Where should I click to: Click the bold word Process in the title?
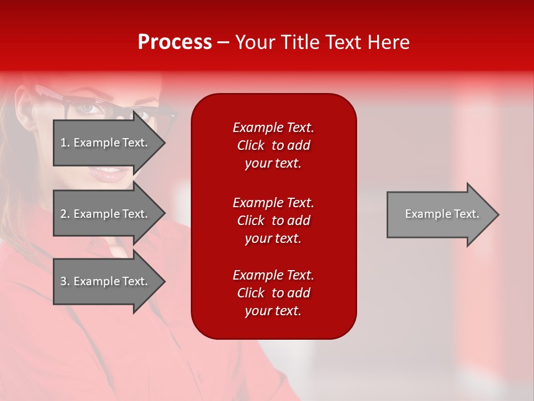tap(175, 42)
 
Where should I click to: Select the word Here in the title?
tap(388, 42)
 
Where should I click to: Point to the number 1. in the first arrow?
tap(65, 143)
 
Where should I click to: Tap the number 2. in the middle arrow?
tap(65, 214)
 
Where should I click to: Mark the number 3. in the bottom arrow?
tap(65, 281)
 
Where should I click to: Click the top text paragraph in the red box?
tap(273, 145)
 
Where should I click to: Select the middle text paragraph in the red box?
tap(273, 221)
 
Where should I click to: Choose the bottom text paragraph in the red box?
tap(273, 293)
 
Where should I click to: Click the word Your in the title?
tap(255, 42)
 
